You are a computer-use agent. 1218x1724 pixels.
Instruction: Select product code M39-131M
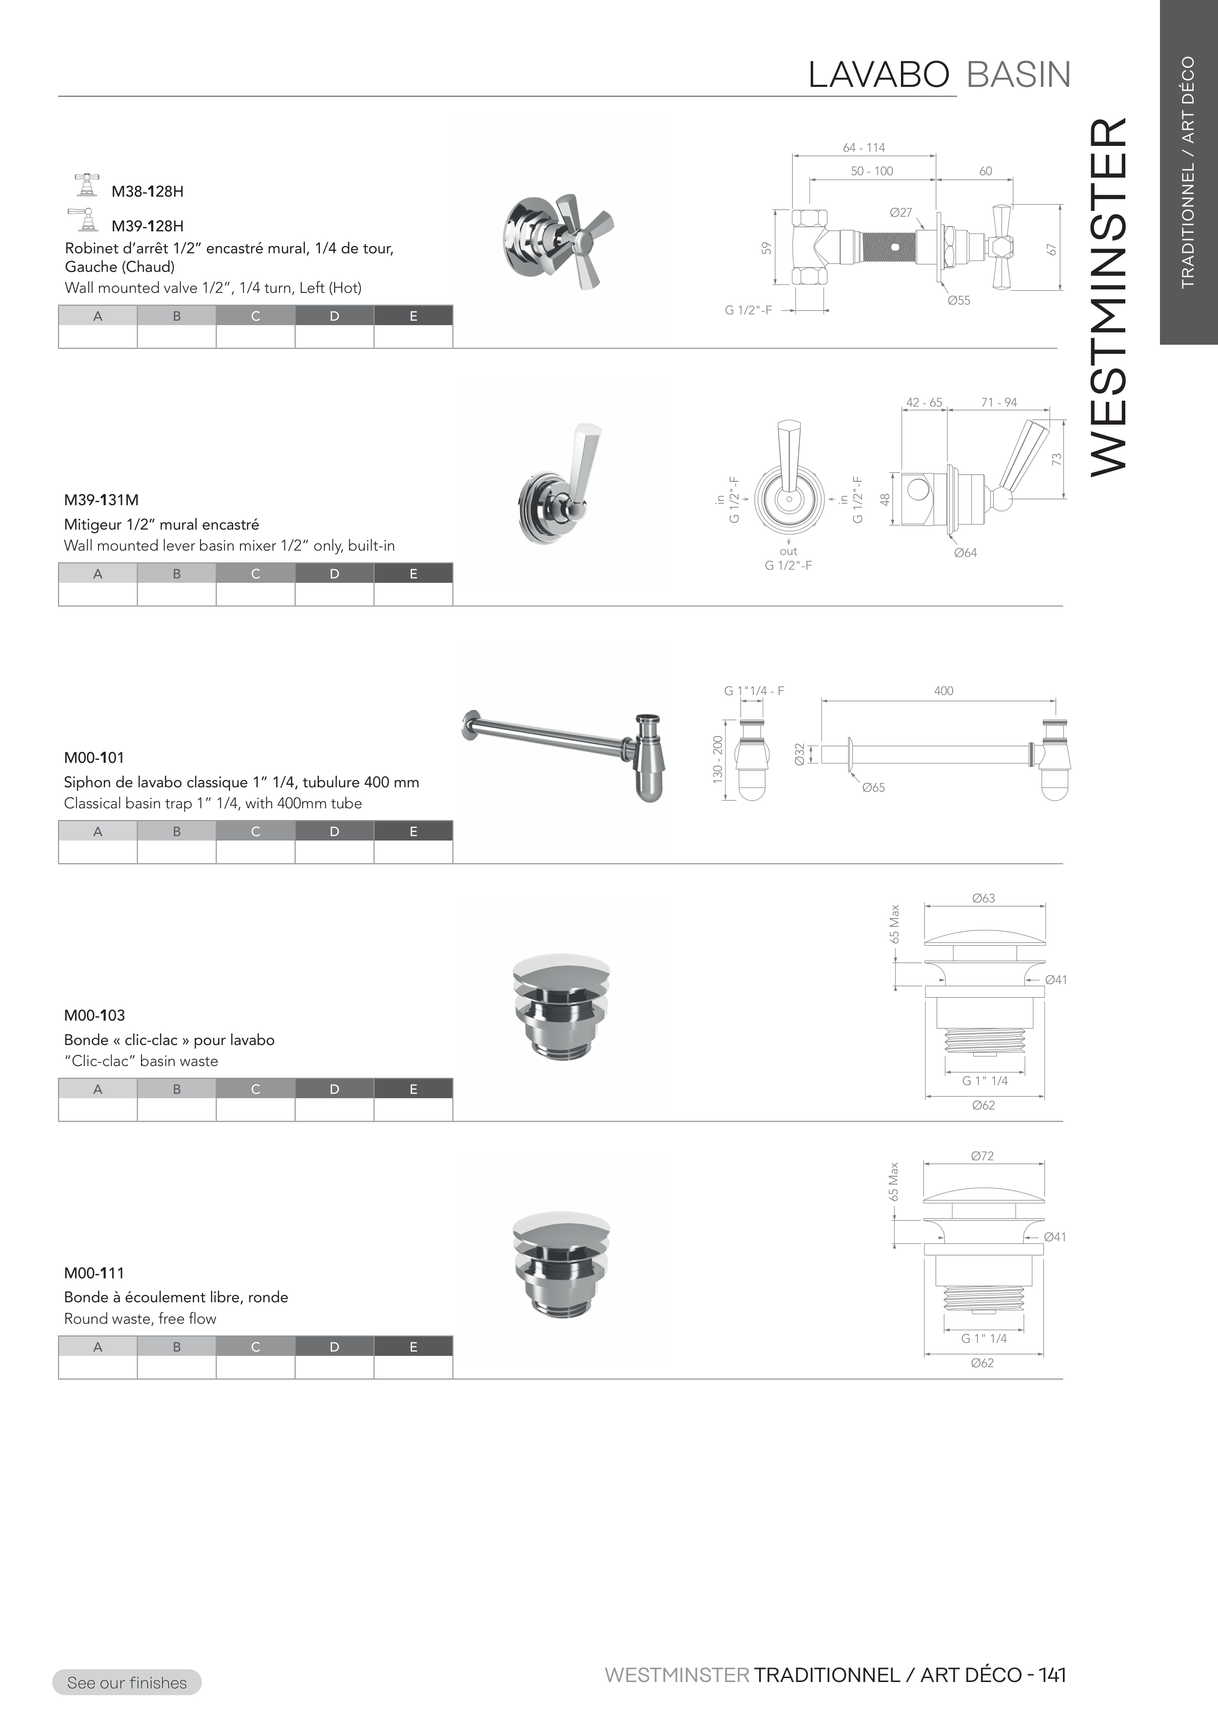pos(101,500)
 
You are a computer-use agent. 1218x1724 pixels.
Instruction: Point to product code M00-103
pos(95,1015)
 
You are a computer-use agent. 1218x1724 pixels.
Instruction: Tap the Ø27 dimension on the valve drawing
pos(900,212)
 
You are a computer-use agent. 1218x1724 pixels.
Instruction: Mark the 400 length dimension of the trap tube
pos(943,691)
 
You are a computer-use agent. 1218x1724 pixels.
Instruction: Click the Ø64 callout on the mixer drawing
pos(965,553)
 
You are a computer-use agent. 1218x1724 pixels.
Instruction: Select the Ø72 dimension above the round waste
pos(982,1155)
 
